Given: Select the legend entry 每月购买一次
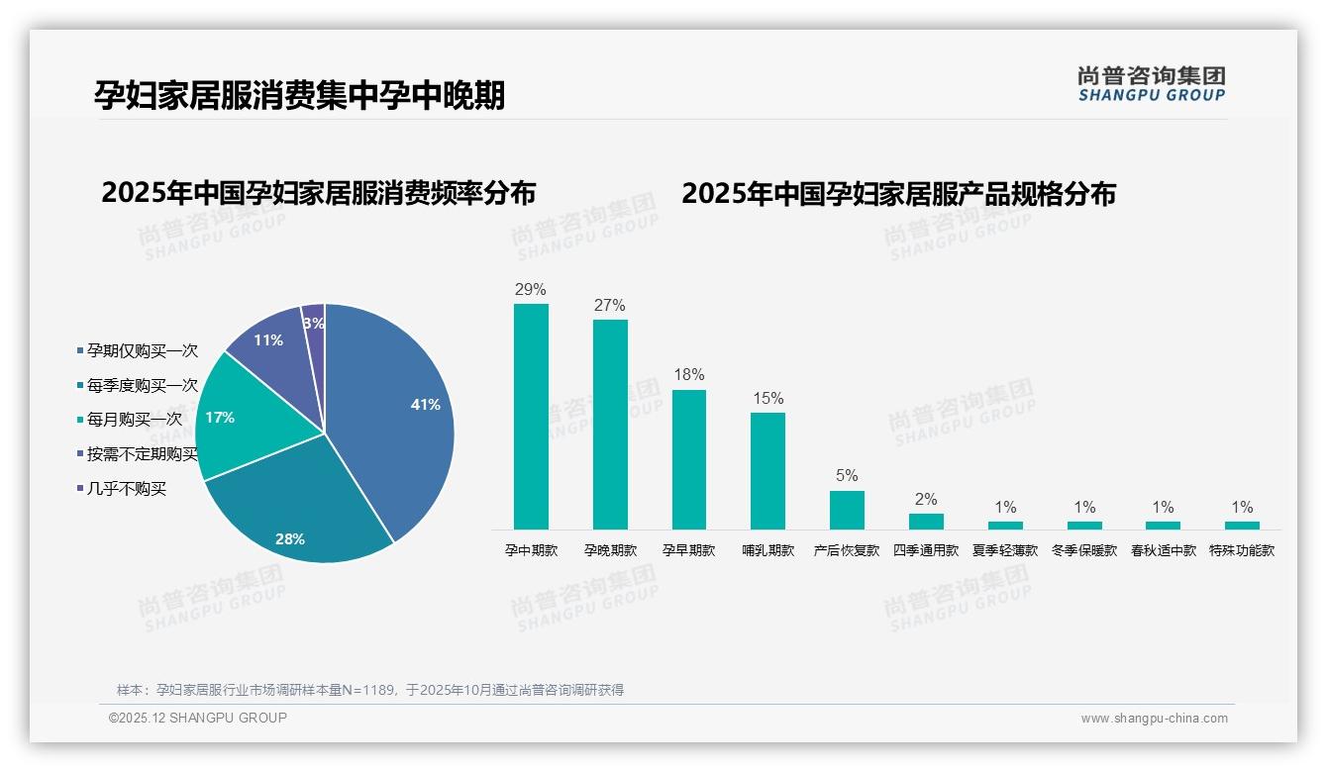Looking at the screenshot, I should pyautogui.click(x=134, y=420).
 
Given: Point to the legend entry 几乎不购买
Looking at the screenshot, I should pyautogui.click(x=126, y=489).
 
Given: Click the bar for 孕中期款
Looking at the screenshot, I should pyautogui.click(x=531, y=416).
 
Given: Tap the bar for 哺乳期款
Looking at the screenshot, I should pyautogui.click(x=767, y=470).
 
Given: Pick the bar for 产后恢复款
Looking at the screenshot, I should pyautogui.click(x=847, y=510).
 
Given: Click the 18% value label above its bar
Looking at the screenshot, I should pyautogui.click(x=688, y=375).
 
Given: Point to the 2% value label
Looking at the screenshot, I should pyautogui.click(x=926, y=500).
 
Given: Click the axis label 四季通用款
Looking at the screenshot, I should pyautogui.click(x=926, y=550).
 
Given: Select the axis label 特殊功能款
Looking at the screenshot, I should pyautogui.click(x=1242, y=550).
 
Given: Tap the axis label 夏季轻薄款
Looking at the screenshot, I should pyautogui.click(x=1005, y=550).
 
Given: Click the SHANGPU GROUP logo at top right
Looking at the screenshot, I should pyautogui.click(x=1151, y=84).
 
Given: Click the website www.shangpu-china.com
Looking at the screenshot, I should pyautogui.click(x=1154, y=719).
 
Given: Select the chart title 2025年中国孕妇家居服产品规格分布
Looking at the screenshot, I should pyautogui.click(x=898, y=194).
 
